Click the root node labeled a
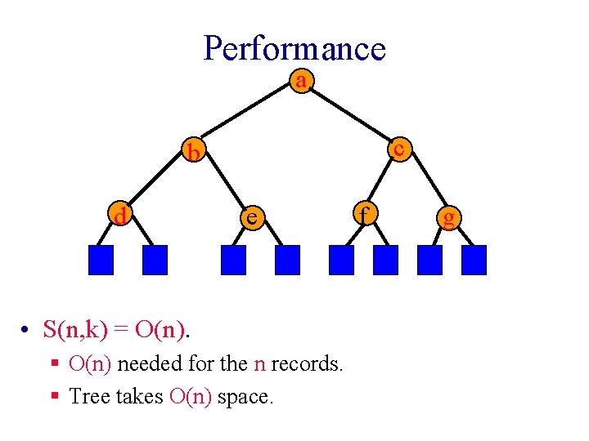point(302,81)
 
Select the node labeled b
point(194,152)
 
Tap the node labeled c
point(398,149)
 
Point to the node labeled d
point(121,216)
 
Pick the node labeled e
point(253,216)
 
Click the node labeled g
point(447,216)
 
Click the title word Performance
point(294,48)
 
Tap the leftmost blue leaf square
point(101,260)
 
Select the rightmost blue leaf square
point(474,260)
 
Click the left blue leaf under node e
point(233,260)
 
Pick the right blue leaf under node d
point(155,260)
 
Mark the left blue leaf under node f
point(341,260)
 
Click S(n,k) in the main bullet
point(74,330)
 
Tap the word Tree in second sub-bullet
point(86,397)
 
